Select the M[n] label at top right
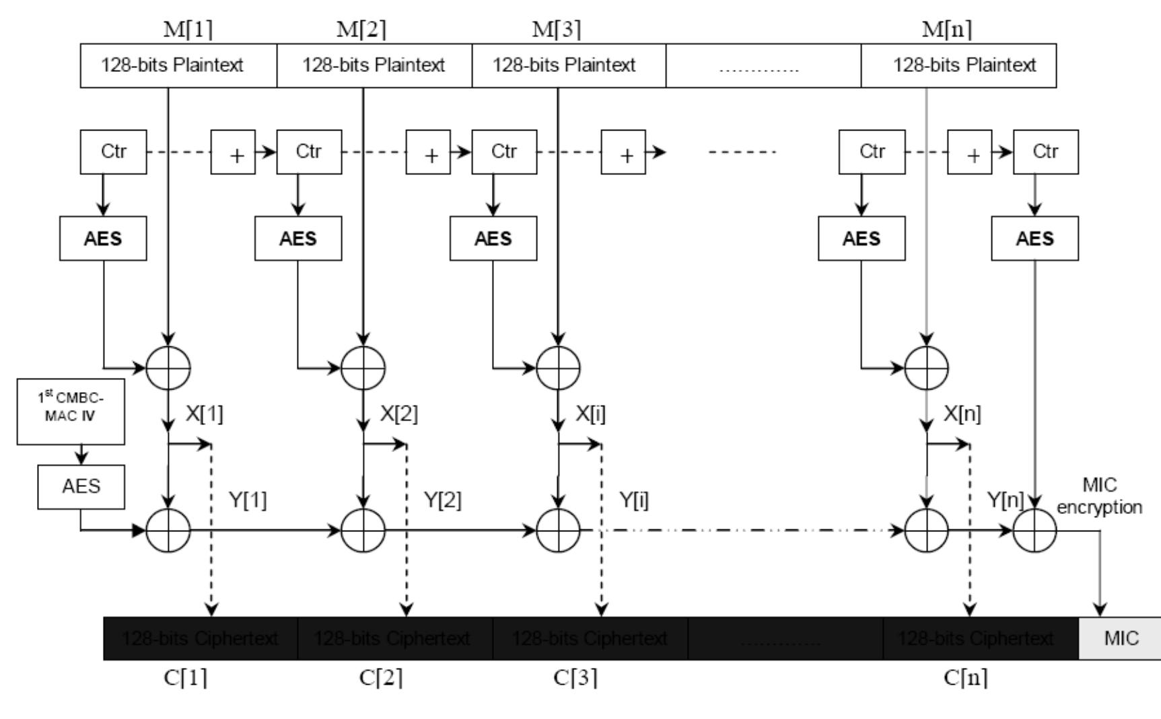(946, 30)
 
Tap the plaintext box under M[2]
(374, 65)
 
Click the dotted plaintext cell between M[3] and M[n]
(763, 65)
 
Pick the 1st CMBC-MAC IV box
(71, 410)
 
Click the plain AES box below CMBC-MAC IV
(81, 486)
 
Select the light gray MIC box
(1121, 638)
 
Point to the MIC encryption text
(1099, 496)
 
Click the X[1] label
(204, 414)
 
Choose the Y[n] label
(1005, 500)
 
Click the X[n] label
(962, 414)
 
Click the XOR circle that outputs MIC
(1034, 530)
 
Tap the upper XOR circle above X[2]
(363, 368)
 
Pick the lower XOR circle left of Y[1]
(168, 530)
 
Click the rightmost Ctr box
(1045, 152)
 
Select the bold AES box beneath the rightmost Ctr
(1034, 238)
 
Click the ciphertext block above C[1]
(200, 638)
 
